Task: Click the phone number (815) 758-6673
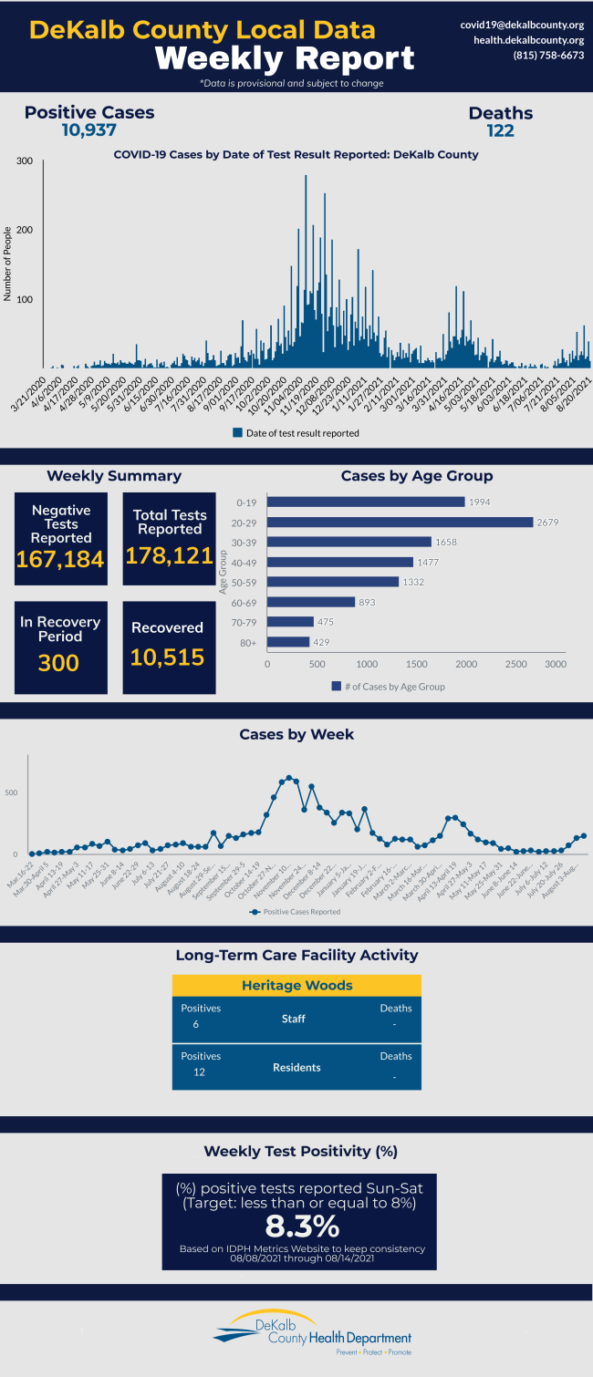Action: coord(547,56)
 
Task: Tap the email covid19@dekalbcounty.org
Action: coord(522,25)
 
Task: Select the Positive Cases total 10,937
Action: coord(88,130)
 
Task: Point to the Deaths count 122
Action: coord(500,130)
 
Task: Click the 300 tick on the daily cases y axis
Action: coord(25,161)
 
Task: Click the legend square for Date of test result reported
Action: coord(237,433)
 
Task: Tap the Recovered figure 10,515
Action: coord(167,657)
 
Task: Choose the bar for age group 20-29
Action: coord(400,523)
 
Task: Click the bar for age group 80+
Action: coord(288,642)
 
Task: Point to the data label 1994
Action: coord(479,502)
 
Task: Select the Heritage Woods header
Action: coord(296,986)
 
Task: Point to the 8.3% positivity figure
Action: coord(302,1225)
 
